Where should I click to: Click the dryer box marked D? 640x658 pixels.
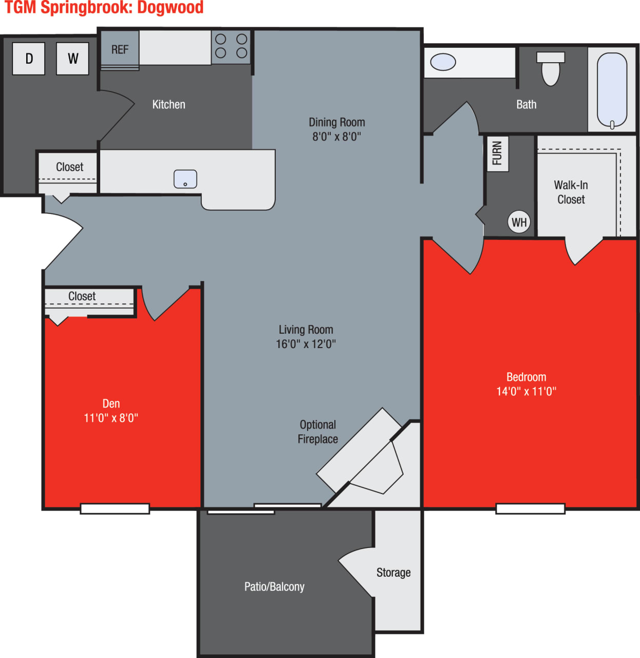(x=29, y=59)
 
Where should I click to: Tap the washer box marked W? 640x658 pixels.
(x=72, y=59)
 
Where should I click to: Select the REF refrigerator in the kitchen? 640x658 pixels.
(x=120, y=49)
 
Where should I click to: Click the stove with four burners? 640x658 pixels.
(x=231, y=46)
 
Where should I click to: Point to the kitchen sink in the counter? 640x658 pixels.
(x=185, y=179)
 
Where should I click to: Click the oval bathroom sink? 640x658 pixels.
(x=443, y=62)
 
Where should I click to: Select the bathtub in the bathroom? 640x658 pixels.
(x=612, y=90)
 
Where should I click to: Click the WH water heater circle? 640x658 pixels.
(x=519, y=222)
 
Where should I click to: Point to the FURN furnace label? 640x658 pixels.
(x=497, y=153)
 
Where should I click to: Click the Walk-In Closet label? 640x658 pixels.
(x=571, y=192)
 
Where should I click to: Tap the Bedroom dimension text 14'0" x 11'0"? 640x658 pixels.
(x=526, y=392)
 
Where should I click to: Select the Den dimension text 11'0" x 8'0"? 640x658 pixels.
(x=111, y=418)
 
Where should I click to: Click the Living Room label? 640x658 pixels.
(x=306, y=330)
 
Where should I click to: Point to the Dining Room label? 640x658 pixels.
(x=337, y=122)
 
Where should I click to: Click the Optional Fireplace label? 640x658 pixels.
(x=318, y=432)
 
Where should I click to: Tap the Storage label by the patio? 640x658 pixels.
(x=393, y=573)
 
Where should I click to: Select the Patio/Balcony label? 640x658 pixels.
(x=274, y=587)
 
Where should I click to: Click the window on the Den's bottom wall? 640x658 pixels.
(x=115, y=508)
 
